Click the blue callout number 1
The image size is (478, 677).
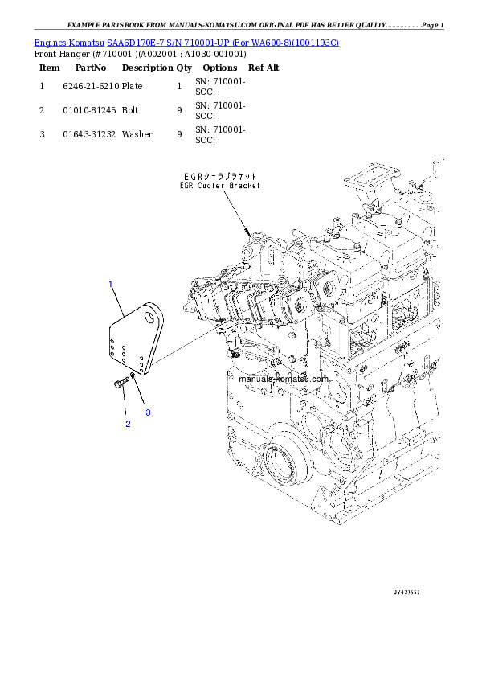click(111, 284)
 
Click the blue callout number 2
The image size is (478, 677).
click(127, 423)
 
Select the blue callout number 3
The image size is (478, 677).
click(148, 412)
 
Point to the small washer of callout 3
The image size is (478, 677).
click(133, 375)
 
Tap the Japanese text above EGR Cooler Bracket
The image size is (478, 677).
click(209, 175)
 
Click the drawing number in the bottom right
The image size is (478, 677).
click(407, 591)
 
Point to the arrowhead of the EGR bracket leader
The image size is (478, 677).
click(248, 230)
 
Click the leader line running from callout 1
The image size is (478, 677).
click(117, 301)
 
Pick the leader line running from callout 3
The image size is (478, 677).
click(141, 394)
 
